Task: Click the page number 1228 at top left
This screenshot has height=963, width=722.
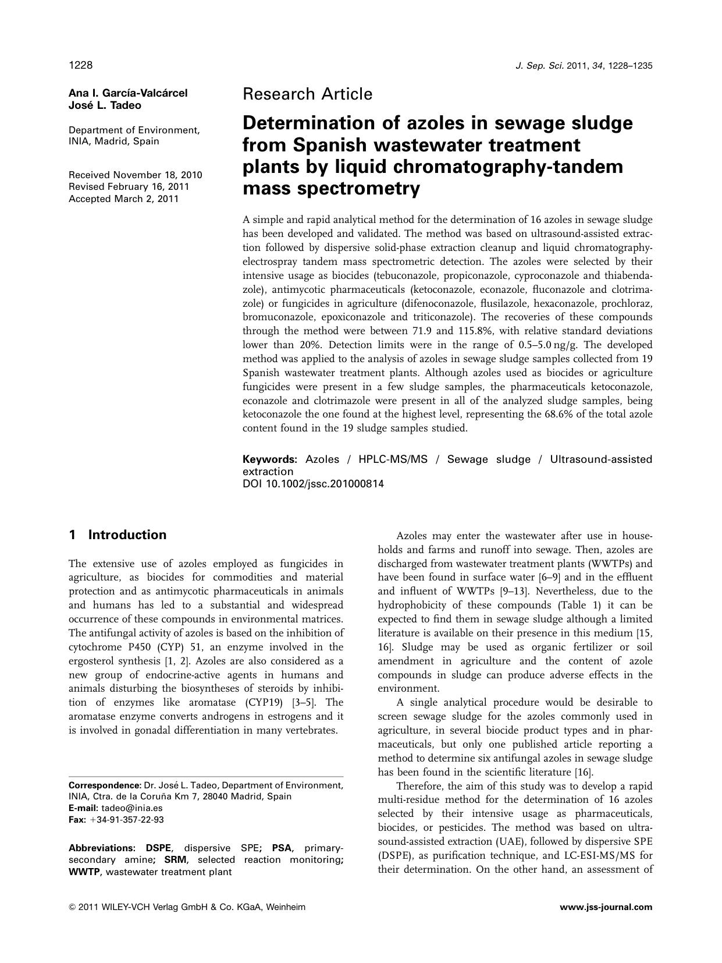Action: [80, 65]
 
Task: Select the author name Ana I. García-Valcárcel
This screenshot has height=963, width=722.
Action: [128, 93]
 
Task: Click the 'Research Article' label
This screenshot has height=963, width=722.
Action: [307, 94]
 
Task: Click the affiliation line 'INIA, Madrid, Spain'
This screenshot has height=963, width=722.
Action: [113, 141]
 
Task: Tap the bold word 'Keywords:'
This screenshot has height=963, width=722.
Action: [269, 459]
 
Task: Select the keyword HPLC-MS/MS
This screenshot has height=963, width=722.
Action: [393, 459]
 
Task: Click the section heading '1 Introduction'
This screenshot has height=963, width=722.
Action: [118, 535]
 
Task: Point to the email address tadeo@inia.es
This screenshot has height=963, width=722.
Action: [131, 808]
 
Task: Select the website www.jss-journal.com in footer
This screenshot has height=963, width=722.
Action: [606, 907]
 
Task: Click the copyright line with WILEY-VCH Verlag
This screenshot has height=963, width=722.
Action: [186, 907]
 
